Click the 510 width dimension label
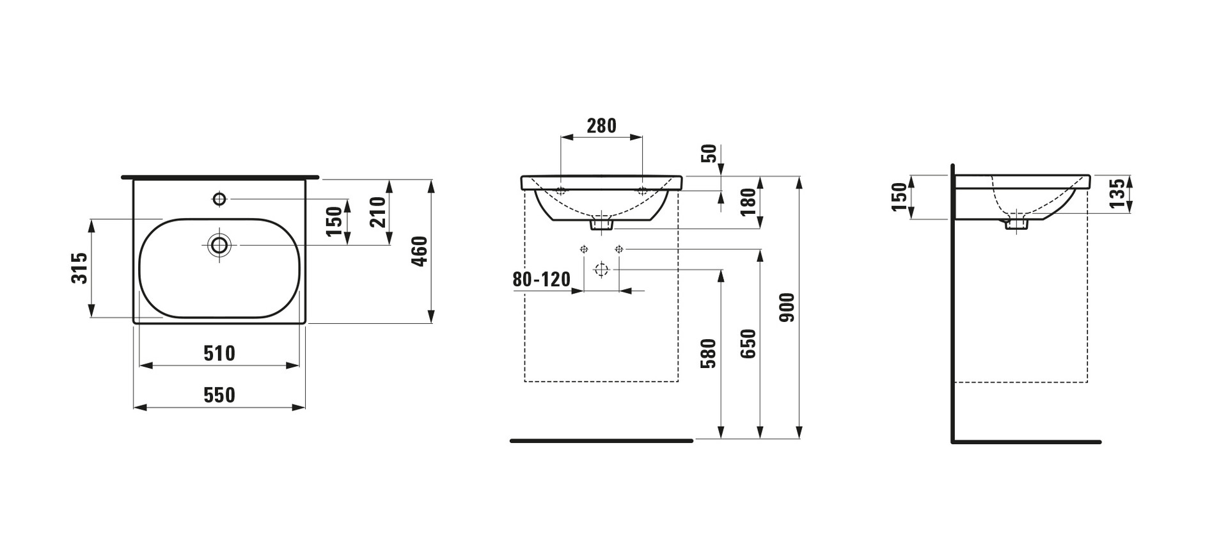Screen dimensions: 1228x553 coord(219,353)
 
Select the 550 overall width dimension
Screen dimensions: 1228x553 coord(219,395)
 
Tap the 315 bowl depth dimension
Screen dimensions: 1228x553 coord(79,268)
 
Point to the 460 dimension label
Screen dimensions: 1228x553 coord(420,252)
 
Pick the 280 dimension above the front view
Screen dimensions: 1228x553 coord(602,125)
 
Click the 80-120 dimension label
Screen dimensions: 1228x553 coord(541,280)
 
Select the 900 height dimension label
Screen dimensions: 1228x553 coord(788,307)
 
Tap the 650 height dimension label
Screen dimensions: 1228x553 coord(748,344)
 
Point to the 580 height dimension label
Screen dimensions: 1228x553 coord(709,354)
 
